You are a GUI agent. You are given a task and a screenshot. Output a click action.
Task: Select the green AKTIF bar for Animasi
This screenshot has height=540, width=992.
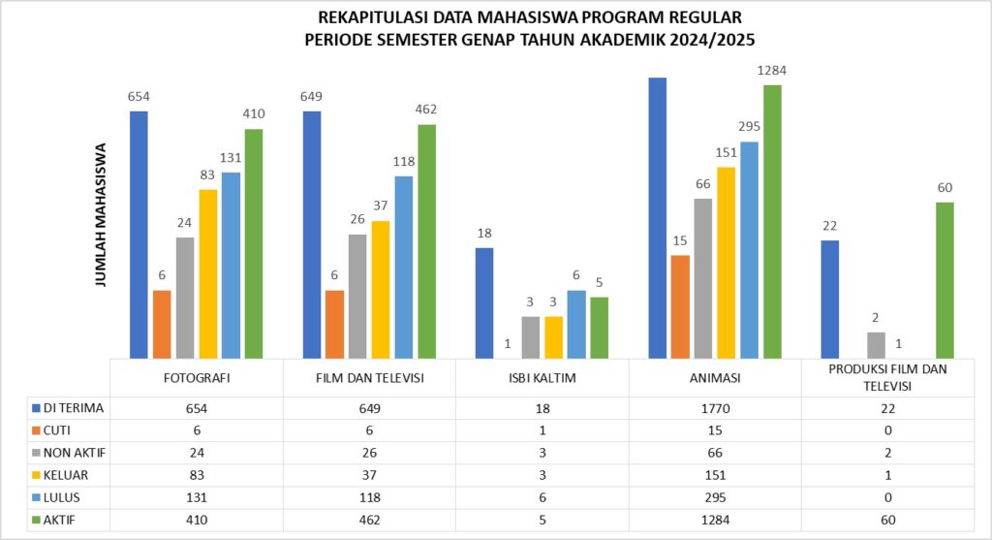772,222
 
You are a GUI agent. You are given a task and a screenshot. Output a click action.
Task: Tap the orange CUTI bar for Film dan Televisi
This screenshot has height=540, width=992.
335,324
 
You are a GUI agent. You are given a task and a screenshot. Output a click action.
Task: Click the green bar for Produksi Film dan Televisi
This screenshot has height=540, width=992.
945,280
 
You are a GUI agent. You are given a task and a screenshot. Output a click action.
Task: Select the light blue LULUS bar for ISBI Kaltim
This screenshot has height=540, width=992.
576,324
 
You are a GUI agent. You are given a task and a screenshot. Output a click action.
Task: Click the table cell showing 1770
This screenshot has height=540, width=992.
716,409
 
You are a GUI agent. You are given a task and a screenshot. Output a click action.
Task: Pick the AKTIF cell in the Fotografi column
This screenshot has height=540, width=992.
197,521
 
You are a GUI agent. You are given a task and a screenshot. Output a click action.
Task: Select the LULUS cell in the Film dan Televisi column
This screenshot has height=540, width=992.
369,498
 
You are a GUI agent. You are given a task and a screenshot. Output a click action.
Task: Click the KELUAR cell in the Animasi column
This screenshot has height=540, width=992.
716,476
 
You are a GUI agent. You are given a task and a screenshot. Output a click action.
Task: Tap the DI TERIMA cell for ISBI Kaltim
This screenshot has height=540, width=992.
542,409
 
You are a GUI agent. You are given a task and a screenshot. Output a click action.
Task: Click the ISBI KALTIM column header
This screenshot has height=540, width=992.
542,378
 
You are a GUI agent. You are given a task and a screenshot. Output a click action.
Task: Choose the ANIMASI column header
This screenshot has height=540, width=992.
716,378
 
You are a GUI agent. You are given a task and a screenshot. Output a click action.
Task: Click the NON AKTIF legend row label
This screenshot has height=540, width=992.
72,454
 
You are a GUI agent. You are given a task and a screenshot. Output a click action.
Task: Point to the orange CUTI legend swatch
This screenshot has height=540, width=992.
37,431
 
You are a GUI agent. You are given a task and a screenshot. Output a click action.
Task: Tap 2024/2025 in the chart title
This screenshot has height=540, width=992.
709,41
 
